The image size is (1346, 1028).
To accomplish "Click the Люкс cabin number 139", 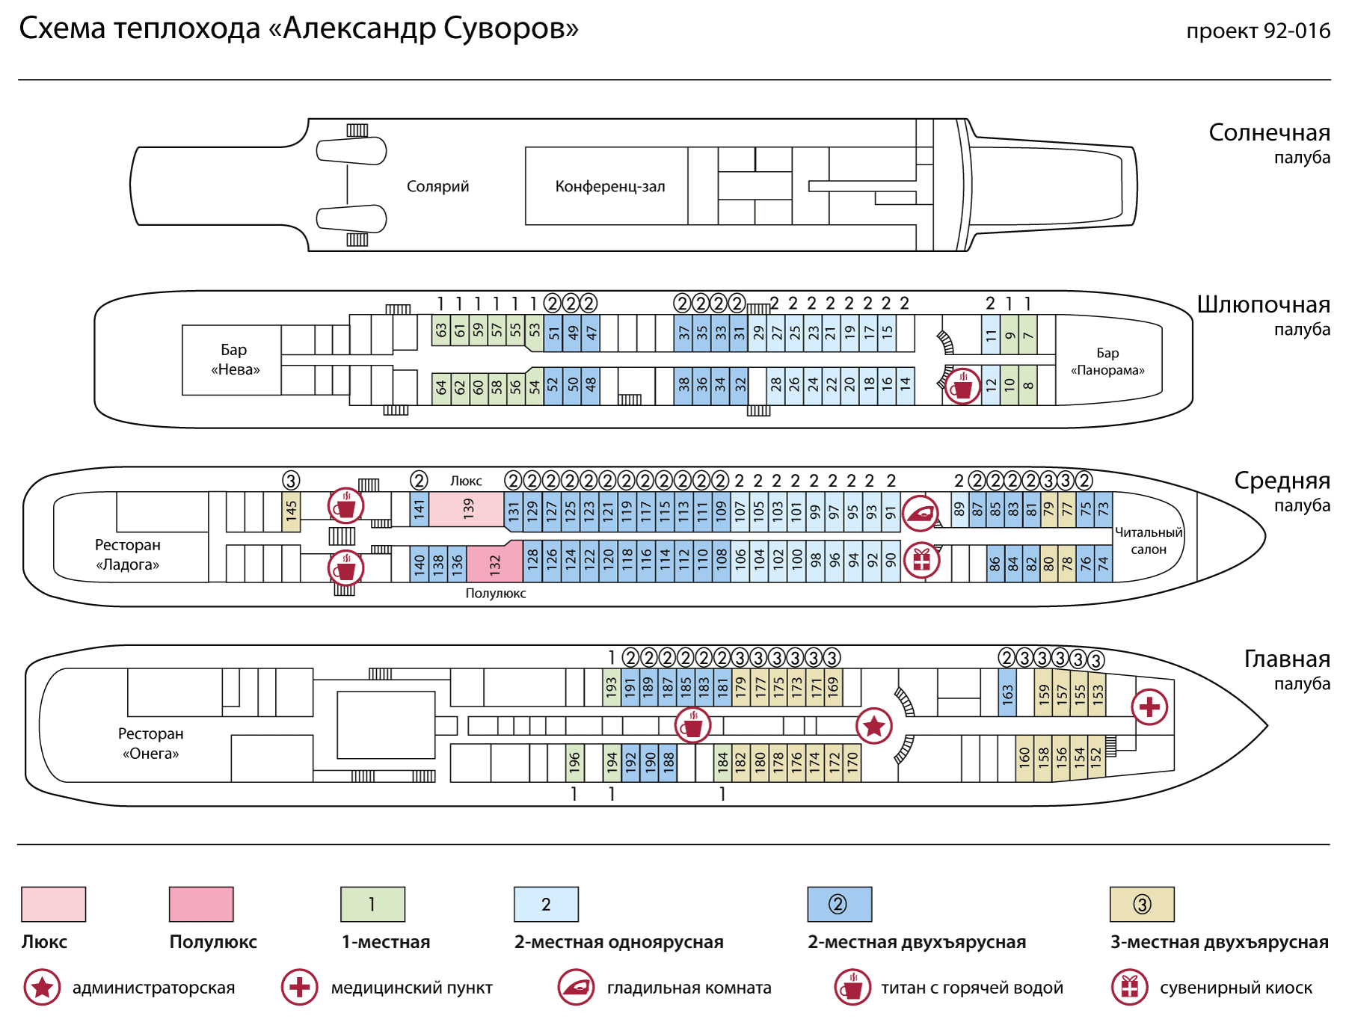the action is pyautogui.click(x=467, y=508).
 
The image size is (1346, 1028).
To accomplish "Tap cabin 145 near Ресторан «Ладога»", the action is pyautogui.click(x=291, y=511).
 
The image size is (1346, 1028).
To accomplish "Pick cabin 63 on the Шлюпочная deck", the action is pyautogui.click(x=441, y=330).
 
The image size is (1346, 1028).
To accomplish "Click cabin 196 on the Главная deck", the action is pyautogui.click(x=574, y=763).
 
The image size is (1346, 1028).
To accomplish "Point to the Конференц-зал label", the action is pyautogui.click(x=610, y=186).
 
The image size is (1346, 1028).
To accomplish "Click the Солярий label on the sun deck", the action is pyautogui.click(x=438, y=186).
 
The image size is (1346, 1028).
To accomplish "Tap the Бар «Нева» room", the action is pyautogui.click(x=232, y=360).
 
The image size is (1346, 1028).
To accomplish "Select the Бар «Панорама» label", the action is pyautogui.click(x=1107, y=361).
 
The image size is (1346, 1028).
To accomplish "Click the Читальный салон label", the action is pyautogui.click(x=1149, y=541).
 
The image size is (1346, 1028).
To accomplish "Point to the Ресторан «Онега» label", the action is pyautogui.click(x=150, y=743).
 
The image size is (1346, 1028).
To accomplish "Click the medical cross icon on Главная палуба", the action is pyautogui.click(x=1150, y=707).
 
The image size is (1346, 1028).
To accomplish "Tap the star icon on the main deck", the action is pyautogui.click(x=874, y=725).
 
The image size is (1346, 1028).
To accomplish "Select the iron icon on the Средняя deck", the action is pyautogui.click(x=921, y=514).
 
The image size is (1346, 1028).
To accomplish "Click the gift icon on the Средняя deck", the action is pyautogui.click(x=921, y=560).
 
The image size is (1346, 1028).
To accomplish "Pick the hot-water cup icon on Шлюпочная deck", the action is pyautogui.click(x=962, y=387).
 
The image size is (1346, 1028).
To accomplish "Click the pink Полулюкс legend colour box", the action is pyautogui.click(x=201, y=904).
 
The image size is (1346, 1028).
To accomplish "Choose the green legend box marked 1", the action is pyautogui.click(x=372, y=904).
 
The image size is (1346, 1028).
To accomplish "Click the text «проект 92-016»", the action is pyautogui.click(x=1259, y=31).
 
